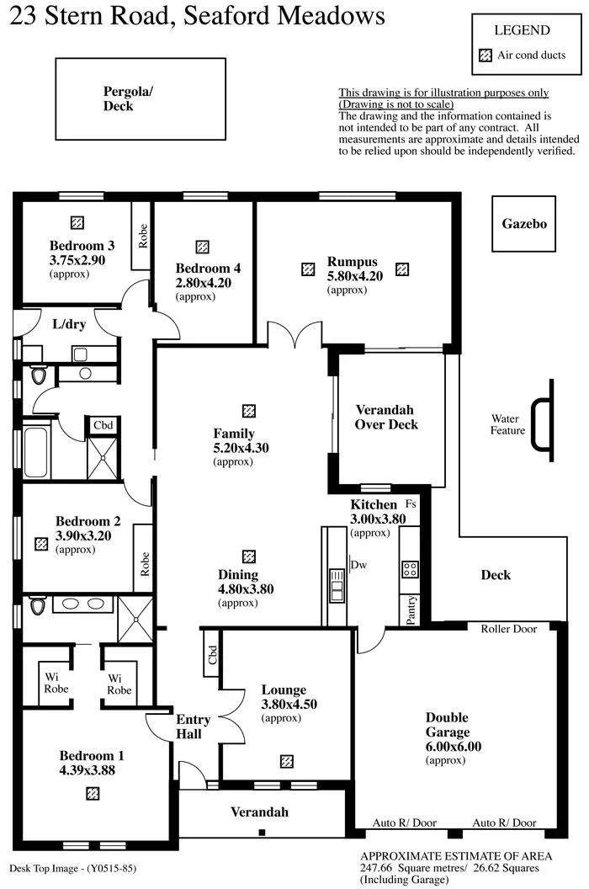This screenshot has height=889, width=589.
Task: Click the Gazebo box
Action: [524, 224]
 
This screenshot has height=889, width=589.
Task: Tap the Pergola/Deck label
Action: [128, 98]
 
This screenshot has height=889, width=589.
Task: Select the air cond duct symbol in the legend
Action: [484, 56]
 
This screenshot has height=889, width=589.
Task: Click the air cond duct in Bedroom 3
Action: [77, 222]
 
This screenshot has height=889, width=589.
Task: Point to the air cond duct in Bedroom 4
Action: [202, 247]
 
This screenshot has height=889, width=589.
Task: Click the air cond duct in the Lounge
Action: [287, 761]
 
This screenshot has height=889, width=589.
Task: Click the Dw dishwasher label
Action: [359, 565]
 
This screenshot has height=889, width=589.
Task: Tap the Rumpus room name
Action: [352, 262]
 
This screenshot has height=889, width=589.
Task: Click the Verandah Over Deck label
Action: [386, 418]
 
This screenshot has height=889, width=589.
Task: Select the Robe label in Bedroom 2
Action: [144, 562]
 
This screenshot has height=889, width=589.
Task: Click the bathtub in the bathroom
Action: [36, 452]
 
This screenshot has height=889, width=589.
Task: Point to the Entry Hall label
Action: [193, 727]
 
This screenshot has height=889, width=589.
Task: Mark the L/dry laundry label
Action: [69, 324]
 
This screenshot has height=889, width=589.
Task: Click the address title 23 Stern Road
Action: [197, 16]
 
